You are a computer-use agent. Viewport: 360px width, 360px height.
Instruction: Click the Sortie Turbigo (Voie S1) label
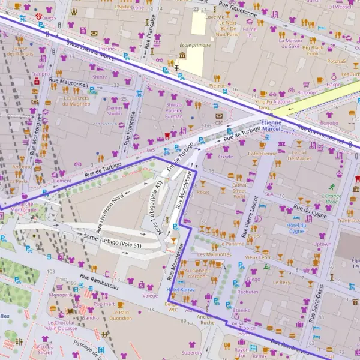[112, 241]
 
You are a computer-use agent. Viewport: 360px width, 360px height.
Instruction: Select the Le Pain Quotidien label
[121, 315]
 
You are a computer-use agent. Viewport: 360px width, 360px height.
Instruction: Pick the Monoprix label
[60, 295]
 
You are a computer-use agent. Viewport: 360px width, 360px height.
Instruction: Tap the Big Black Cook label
[313, 50]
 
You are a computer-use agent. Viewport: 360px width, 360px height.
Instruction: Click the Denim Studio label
[114, 110]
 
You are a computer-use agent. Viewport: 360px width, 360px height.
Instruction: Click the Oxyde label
[226, 157]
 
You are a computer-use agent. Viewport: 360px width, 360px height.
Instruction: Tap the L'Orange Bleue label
[331, 199]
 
